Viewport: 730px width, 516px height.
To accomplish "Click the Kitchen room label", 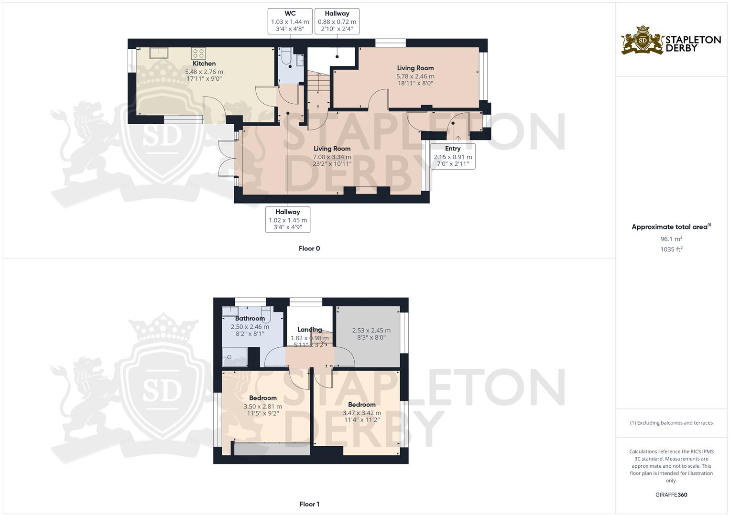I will point(204,64).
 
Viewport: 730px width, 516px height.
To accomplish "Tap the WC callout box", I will point(290,21).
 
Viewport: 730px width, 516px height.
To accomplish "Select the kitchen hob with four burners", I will point(198,53).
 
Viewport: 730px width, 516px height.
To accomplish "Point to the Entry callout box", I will point(452,156).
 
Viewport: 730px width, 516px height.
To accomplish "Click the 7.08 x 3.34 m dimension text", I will point(332,157).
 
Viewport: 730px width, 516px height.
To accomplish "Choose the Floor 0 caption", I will point(309,248).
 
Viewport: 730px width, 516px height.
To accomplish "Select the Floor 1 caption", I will point(309,504).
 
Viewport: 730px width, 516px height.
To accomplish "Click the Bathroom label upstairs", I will point(250,318).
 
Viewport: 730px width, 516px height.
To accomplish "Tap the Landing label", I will point(309,330).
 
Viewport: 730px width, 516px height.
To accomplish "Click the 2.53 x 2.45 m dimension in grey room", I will point(371,331).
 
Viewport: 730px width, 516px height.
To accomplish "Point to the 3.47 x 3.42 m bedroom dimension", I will point(361,413).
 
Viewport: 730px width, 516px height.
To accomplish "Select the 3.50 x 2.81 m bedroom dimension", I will point(262,407).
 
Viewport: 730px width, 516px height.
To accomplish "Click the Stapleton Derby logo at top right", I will point(671,41).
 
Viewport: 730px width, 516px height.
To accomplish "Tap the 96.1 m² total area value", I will point(671,239).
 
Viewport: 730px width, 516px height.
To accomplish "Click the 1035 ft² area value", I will point(671,249).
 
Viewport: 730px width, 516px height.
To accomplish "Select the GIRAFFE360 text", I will point(671,494).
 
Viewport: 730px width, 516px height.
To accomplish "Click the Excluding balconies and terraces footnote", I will point(671,423).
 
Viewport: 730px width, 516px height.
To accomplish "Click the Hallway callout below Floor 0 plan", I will point(288,220).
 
